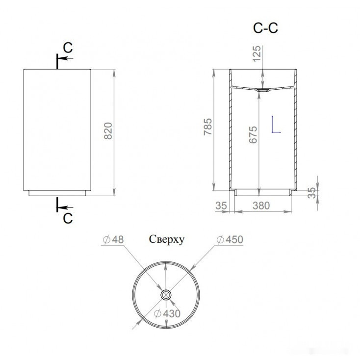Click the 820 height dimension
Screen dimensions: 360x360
[108, 131]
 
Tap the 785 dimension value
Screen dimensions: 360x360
[208, 127]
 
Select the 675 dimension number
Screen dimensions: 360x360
[253, 135]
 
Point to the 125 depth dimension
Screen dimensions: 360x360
[257, 53]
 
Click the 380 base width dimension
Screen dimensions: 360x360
[261, 206]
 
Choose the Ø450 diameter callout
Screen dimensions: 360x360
[230, 239]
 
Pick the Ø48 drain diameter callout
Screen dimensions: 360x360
[113, 239]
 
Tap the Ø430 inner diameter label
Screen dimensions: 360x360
[167, 313]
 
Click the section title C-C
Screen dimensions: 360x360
[265, 28]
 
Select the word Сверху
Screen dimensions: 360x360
[167, 239]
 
